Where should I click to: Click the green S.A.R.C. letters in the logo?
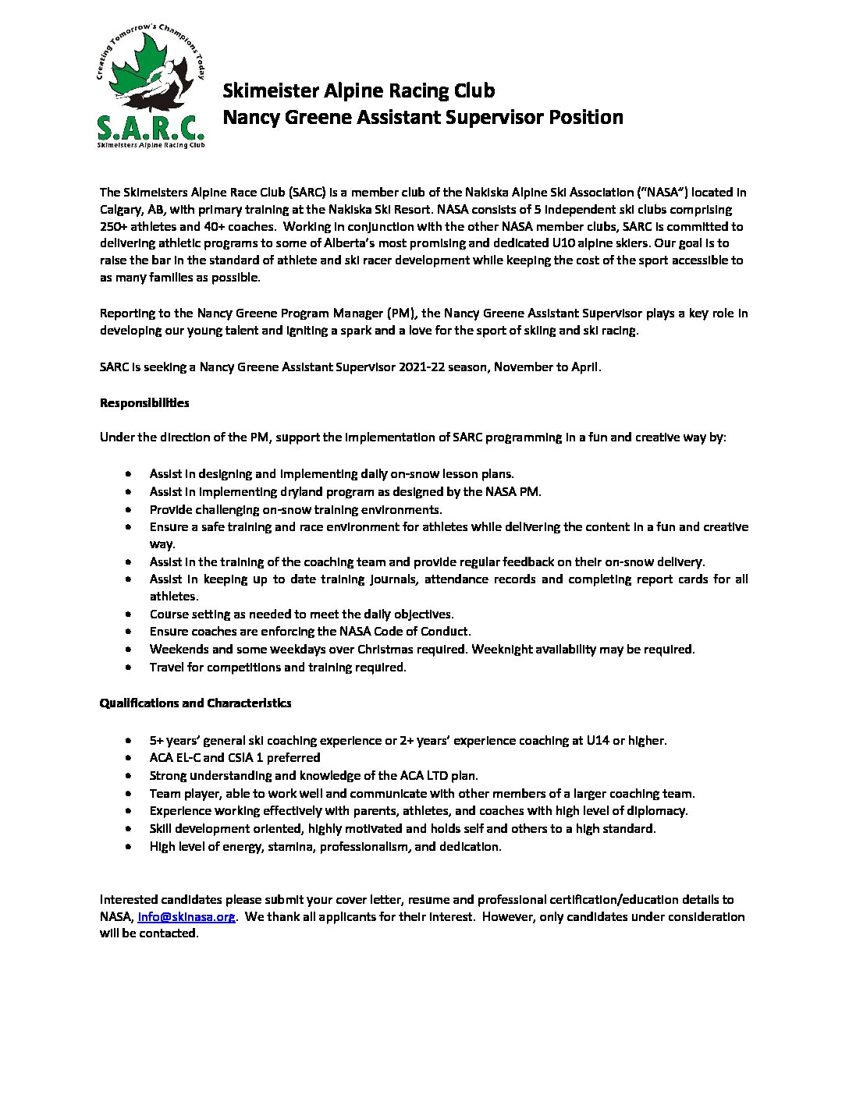pyautogui.click(x=149, y=127)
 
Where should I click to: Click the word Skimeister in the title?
pyautogui.click(x=265, y=90)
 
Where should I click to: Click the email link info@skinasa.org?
pyautogui.click(x=186, y=916)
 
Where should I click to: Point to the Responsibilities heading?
pyautogui.click(x=144, y=403)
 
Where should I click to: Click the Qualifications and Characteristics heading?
pyautogui.click(x=195, y=703)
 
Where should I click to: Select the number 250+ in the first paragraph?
pyautogui.click(x=116, y=226)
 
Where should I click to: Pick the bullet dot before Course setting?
pyautogui.click(x=129, y=615)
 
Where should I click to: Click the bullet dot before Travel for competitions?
pyautogui.click(x=129, y=668)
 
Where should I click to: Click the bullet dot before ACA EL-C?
pyautogui.click(x=129, y=758)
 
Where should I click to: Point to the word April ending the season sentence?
pyautogui.click(x=584, y=367)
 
